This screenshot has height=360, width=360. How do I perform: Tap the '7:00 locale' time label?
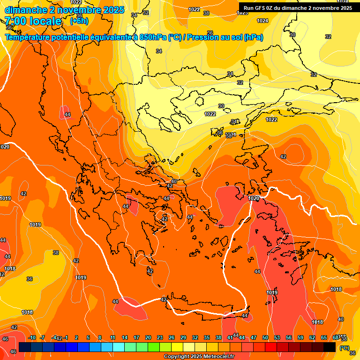click(x=33, y=21)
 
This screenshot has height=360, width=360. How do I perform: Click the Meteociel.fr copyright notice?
click(x=199, y=357)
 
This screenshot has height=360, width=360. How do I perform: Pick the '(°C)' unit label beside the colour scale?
click(x=345, y=348)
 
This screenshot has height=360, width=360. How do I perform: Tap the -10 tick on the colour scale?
click(x=32, y=337)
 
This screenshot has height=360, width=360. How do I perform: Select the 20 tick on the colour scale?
click(x=148, y=337)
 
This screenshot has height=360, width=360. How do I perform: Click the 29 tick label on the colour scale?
click(x=183, y=337)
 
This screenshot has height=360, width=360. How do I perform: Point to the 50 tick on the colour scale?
click(x=265, y=337)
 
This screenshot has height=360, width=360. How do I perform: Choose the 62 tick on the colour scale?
click(x=312, y=337)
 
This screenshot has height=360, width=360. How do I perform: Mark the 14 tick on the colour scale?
click(x=125, y=337)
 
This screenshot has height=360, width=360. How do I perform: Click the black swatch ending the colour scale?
click(x=330, y=347)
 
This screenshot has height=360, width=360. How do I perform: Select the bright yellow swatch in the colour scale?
click(x=177, y=347)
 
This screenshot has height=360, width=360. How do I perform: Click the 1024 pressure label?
click(x=262, y=21)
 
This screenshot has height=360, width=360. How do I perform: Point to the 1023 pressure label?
click(x=242, y=13)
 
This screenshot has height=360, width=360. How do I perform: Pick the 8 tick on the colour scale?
click(x=100, y=337)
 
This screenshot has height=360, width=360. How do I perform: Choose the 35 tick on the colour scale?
click(x=207, y=337)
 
